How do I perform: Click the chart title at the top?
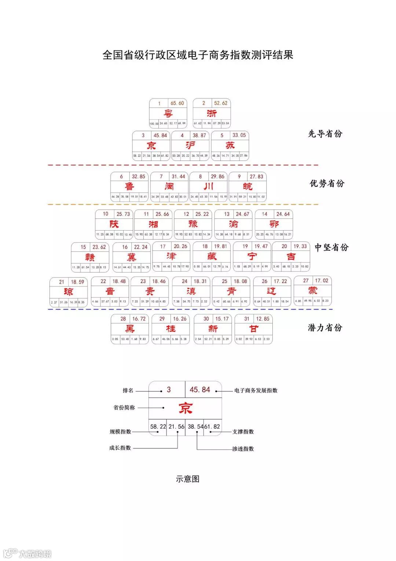198,55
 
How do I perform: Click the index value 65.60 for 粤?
177,103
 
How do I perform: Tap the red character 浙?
212,113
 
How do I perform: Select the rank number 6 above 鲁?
121,177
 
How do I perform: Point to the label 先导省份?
325,134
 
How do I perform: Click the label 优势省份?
327,183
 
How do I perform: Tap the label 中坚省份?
331,247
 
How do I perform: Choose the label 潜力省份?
325,327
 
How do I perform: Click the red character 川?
208,187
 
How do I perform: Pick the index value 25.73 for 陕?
123,214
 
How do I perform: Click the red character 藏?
212,256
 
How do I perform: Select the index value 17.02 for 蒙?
322,280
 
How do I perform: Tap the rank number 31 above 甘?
247,319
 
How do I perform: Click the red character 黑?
130,329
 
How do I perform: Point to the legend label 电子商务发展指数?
256,390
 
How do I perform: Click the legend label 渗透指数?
243,449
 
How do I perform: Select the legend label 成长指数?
120,448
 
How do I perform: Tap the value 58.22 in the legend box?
158,427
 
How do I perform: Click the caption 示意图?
187,479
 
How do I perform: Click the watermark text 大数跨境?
35,554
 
